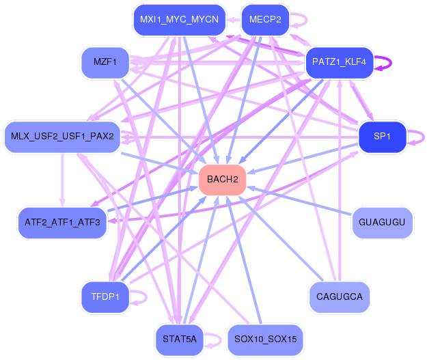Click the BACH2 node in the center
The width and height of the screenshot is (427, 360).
coord(223,180)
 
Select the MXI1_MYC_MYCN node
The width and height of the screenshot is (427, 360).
coord(180,20)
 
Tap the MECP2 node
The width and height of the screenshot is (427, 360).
coord(265,20)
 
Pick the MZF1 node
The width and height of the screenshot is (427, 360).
coord(105,62)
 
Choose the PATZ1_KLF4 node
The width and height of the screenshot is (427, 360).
coord(339,62)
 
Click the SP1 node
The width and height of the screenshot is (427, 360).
coord(382,137)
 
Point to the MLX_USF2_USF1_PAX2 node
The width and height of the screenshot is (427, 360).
coord(62,137)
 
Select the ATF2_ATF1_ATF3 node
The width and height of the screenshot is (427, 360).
coord(62,223)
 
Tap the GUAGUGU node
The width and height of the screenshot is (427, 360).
coord(382,223)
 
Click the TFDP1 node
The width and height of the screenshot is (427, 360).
coord(105,297)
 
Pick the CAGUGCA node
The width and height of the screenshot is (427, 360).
coord(340,297)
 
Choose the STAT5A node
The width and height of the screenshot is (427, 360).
coord(180,340)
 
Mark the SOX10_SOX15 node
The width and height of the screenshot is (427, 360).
coord(265,340)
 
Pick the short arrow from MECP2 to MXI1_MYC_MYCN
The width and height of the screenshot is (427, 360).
coord(234,20)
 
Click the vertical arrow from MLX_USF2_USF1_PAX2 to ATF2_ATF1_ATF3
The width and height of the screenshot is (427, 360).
coord(62,180)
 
